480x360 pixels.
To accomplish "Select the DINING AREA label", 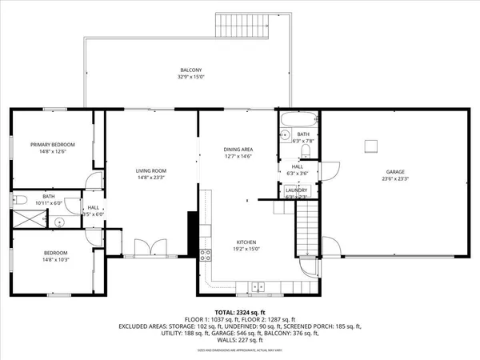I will point(238,150).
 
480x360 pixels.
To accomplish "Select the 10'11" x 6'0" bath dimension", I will point(49,203).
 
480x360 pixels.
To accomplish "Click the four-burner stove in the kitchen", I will point(205,256).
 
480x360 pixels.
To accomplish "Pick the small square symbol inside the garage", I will point(370,145).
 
